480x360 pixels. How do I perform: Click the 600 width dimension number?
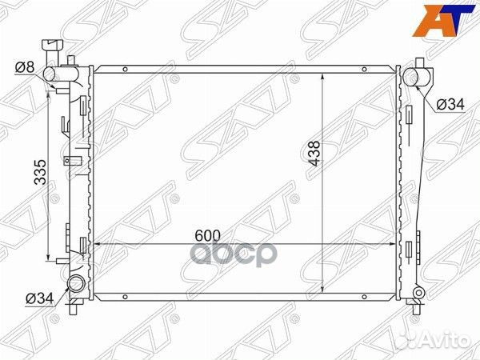click(206, 236)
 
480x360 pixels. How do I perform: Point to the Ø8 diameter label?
click(25, 67)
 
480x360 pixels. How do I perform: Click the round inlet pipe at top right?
click(414, 78)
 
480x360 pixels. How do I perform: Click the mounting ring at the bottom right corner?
click(417, 299)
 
